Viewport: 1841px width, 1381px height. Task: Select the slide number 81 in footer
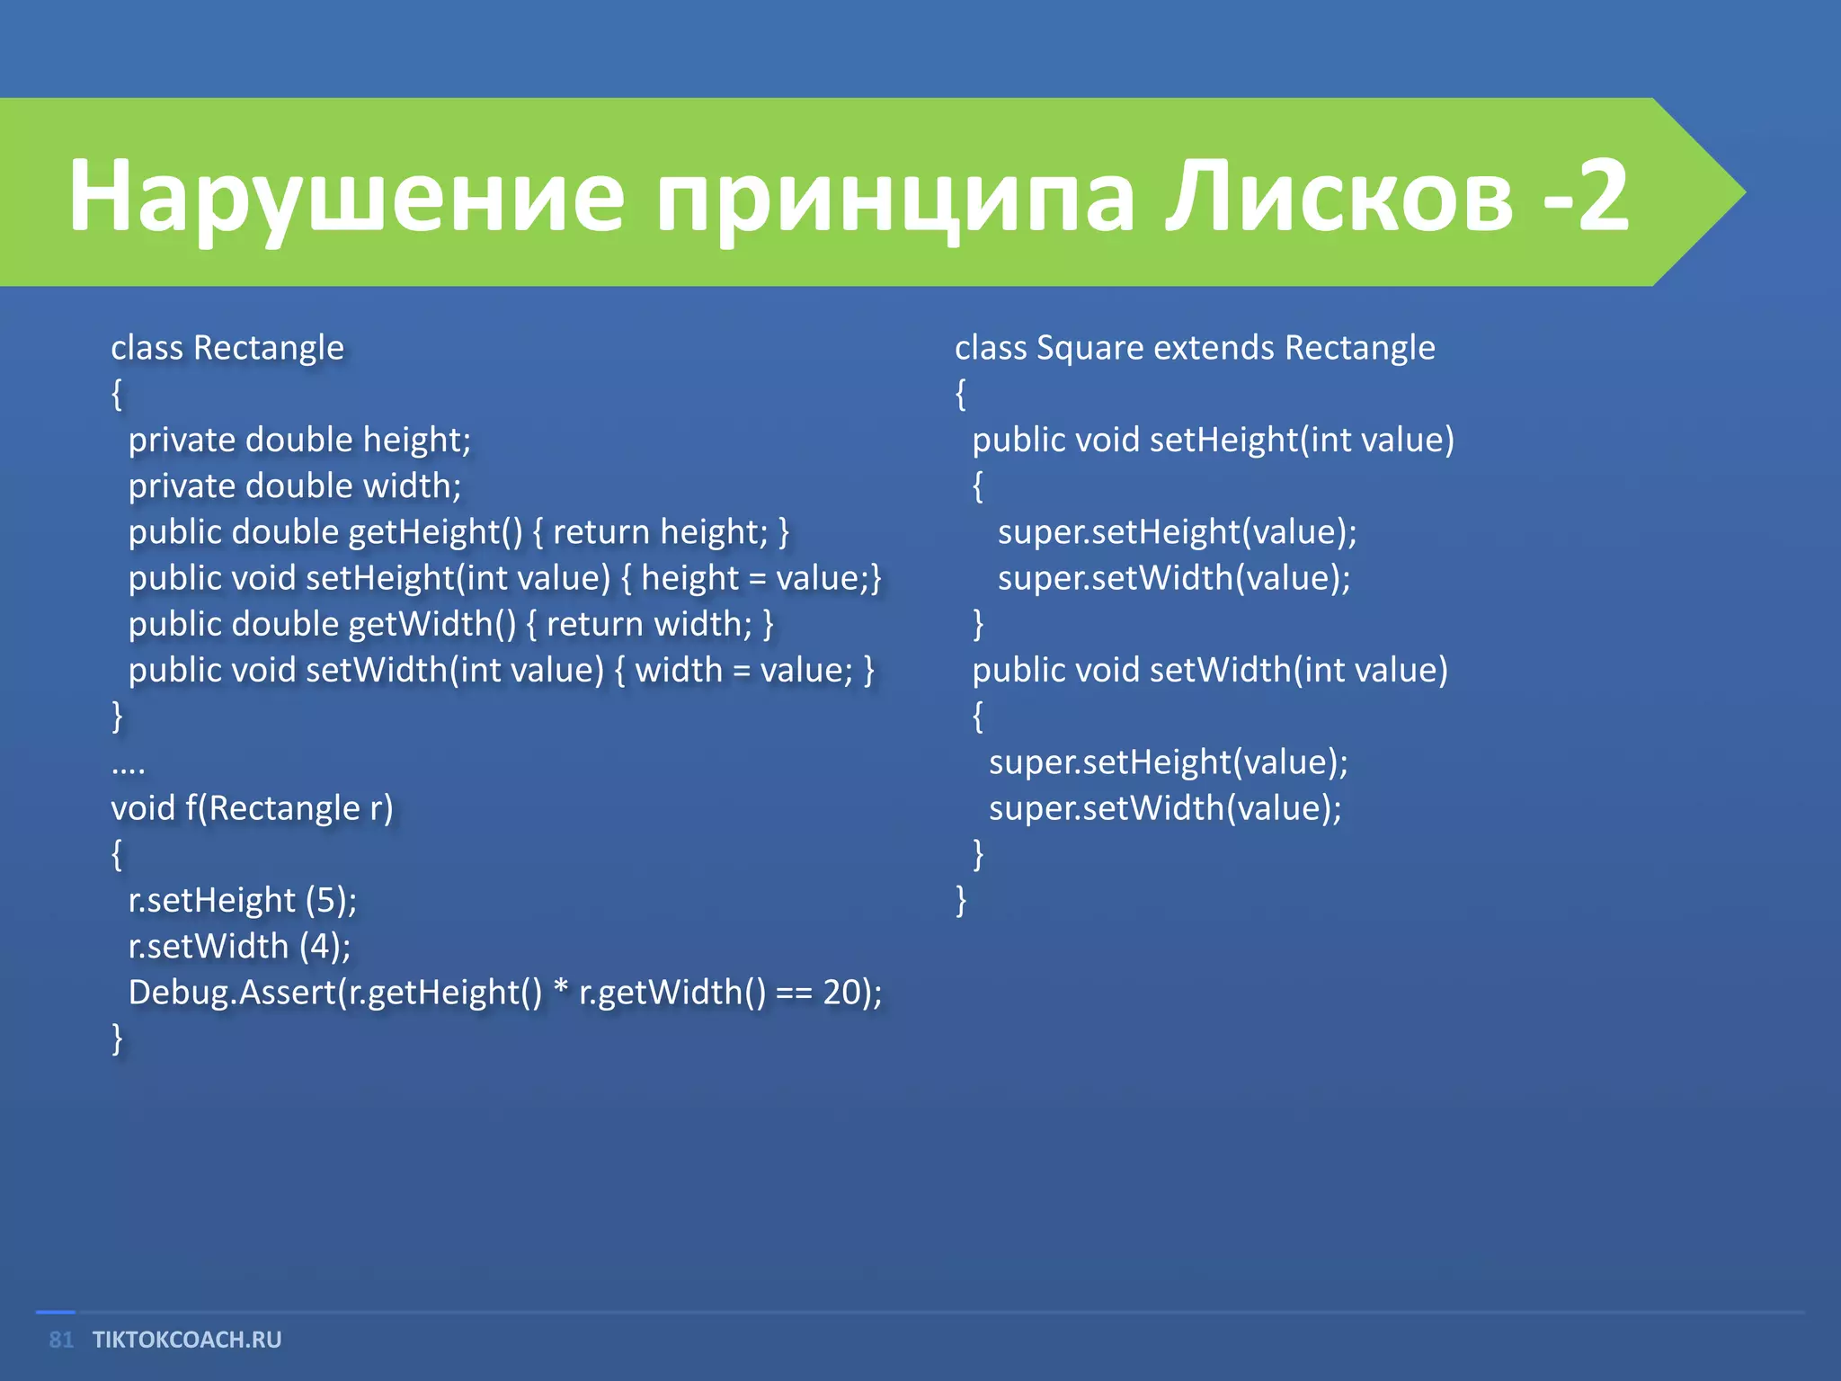pos(61,1340)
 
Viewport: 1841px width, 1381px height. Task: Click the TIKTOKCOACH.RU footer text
pos(187,1340)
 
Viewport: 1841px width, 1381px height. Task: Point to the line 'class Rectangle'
pos(227,348)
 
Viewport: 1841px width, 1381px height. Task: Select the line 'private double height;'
pos(299,441)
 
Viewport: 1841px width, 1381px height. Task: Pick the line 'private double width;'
pos(295,486)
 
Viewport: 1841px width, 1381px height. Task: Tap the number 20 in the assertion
pos(842,993)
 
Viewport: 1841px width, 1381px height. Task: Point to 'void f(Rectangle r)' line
pos(252,808)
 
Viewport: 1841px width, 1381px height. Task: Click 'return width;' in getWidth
pos(649,624)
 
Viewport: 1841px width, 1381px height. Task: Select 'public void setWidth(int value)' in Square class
pos(1210,671)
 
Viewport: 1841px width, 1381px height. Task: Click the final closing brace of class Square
pos(961,900)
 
